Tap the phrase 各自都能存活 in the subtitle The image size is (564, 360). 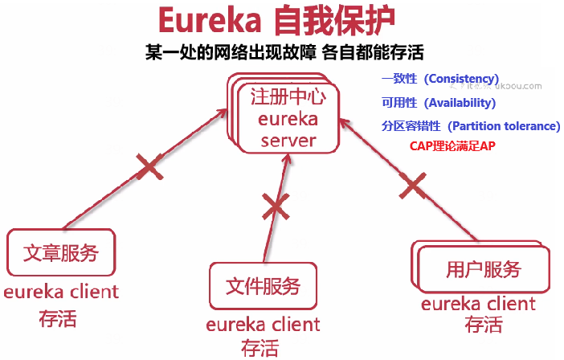pos(377,53)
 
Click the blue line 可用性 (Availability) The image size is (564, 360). pos(439,103)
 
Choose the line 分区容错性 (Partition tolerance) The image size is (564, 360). pos(471,126)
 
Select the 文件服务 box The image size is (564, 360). pos(264,285)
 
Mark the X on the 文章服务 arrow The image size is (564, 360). pos(148,168)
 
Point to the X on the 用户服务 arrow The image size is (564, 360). pos(413,187)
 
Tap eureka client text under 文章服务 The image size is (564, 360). pos(61,292)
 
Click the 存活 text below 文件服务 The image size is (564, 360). pos(260,348)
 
